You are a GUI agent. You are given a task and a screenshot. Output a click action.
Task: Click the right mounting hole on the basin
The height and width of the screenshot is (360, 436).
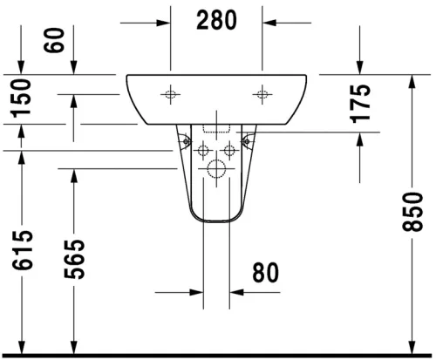click(262, 93)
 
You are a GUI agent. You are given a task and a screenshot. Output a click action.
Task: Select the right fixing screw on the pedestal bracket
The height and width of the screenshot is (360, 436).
click(247, 137)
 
